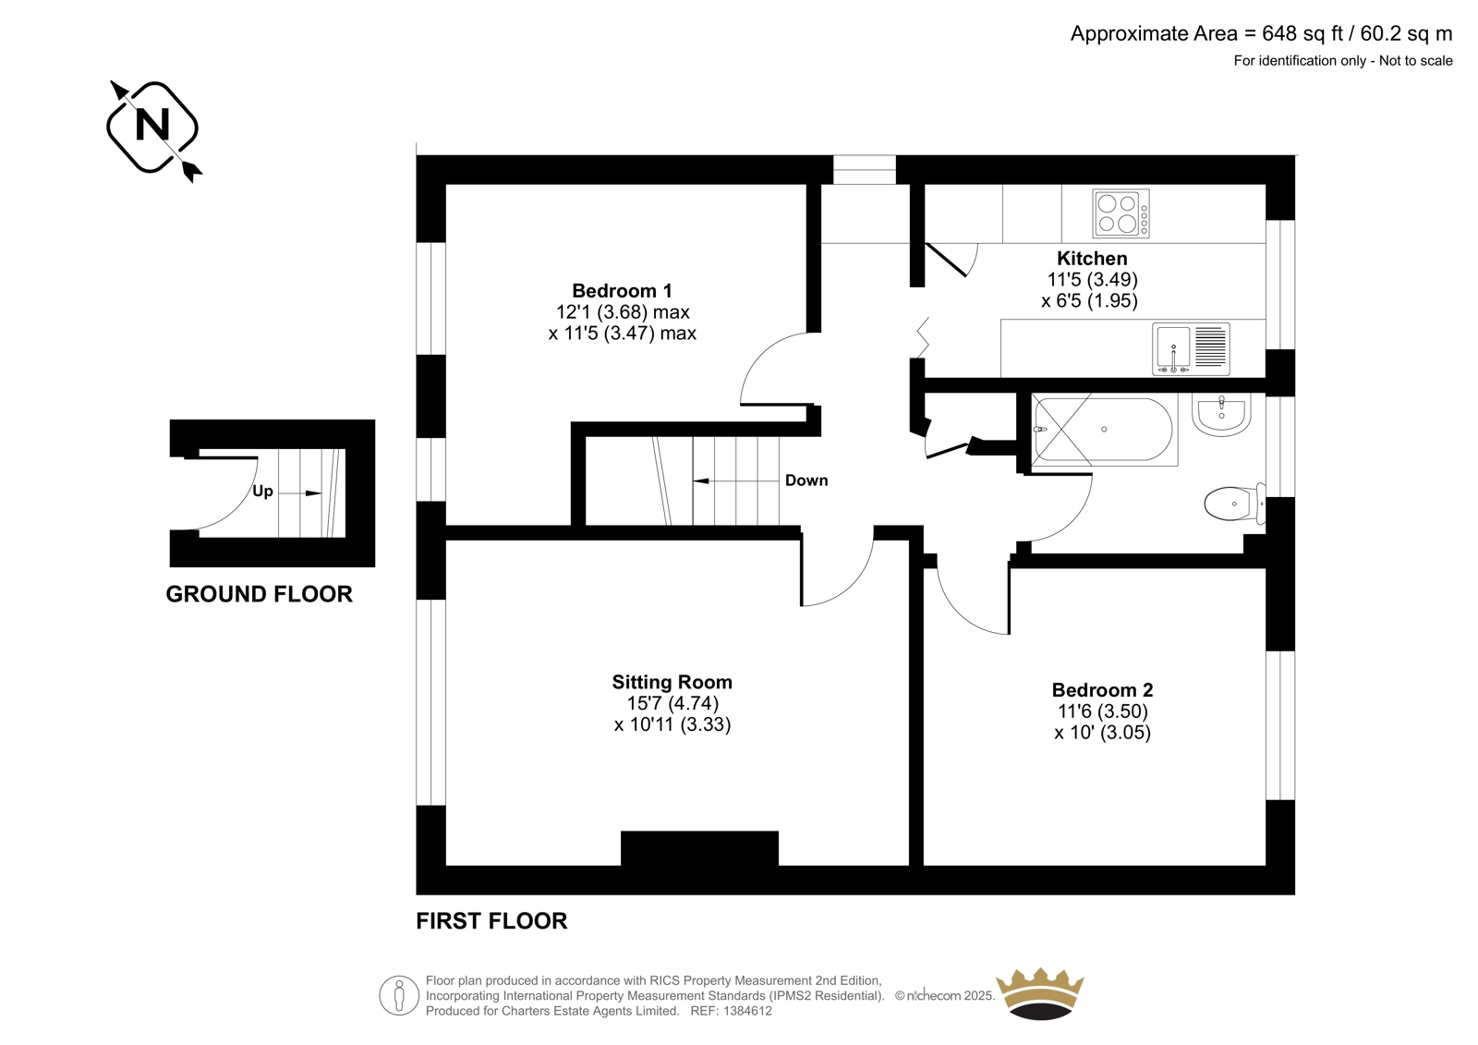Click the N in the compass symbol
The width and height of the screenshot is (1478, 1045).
[151, 126]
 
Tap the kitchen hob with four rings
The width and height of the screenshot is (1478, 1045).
[1121, 213]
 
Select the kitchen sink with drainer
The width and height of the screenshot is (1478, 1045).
[1191, 348]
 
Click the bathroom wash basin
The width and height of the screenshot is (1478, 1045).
[1221, 415]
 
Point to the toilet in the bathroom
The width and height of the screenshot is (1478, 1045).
[1234, 504]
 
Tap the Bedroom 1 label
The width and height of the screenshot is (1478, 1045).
[622, 290]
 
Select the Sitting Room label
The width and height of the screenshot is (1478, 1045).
[672, 682]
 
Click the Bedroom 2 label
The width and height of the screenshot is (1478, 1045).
[1102, 690]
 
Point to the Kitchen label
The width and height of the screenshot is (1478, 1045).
[1092, 258]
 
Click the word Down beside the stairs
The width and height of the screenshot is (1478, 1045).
[806, 480]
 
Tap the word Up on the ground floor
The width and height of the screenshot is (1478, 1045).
[262, 492]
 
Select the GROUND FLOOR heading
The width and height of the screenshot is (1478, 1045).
[259, 594]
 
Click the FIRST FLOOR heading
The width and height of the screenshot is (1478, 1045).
[491, 921]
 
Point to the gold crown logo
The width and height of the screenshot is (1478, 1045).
[1040, 993]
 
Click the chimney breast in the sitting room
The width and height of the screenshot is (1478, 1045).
[699, 848]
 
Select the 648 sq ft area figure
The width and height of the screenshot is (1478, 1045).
[1302, 34]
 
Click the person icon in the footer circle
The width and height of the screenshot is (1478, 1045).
[398, 995]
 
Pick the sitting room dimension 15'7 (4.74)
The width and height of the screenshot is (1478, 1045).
[672, 703]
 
